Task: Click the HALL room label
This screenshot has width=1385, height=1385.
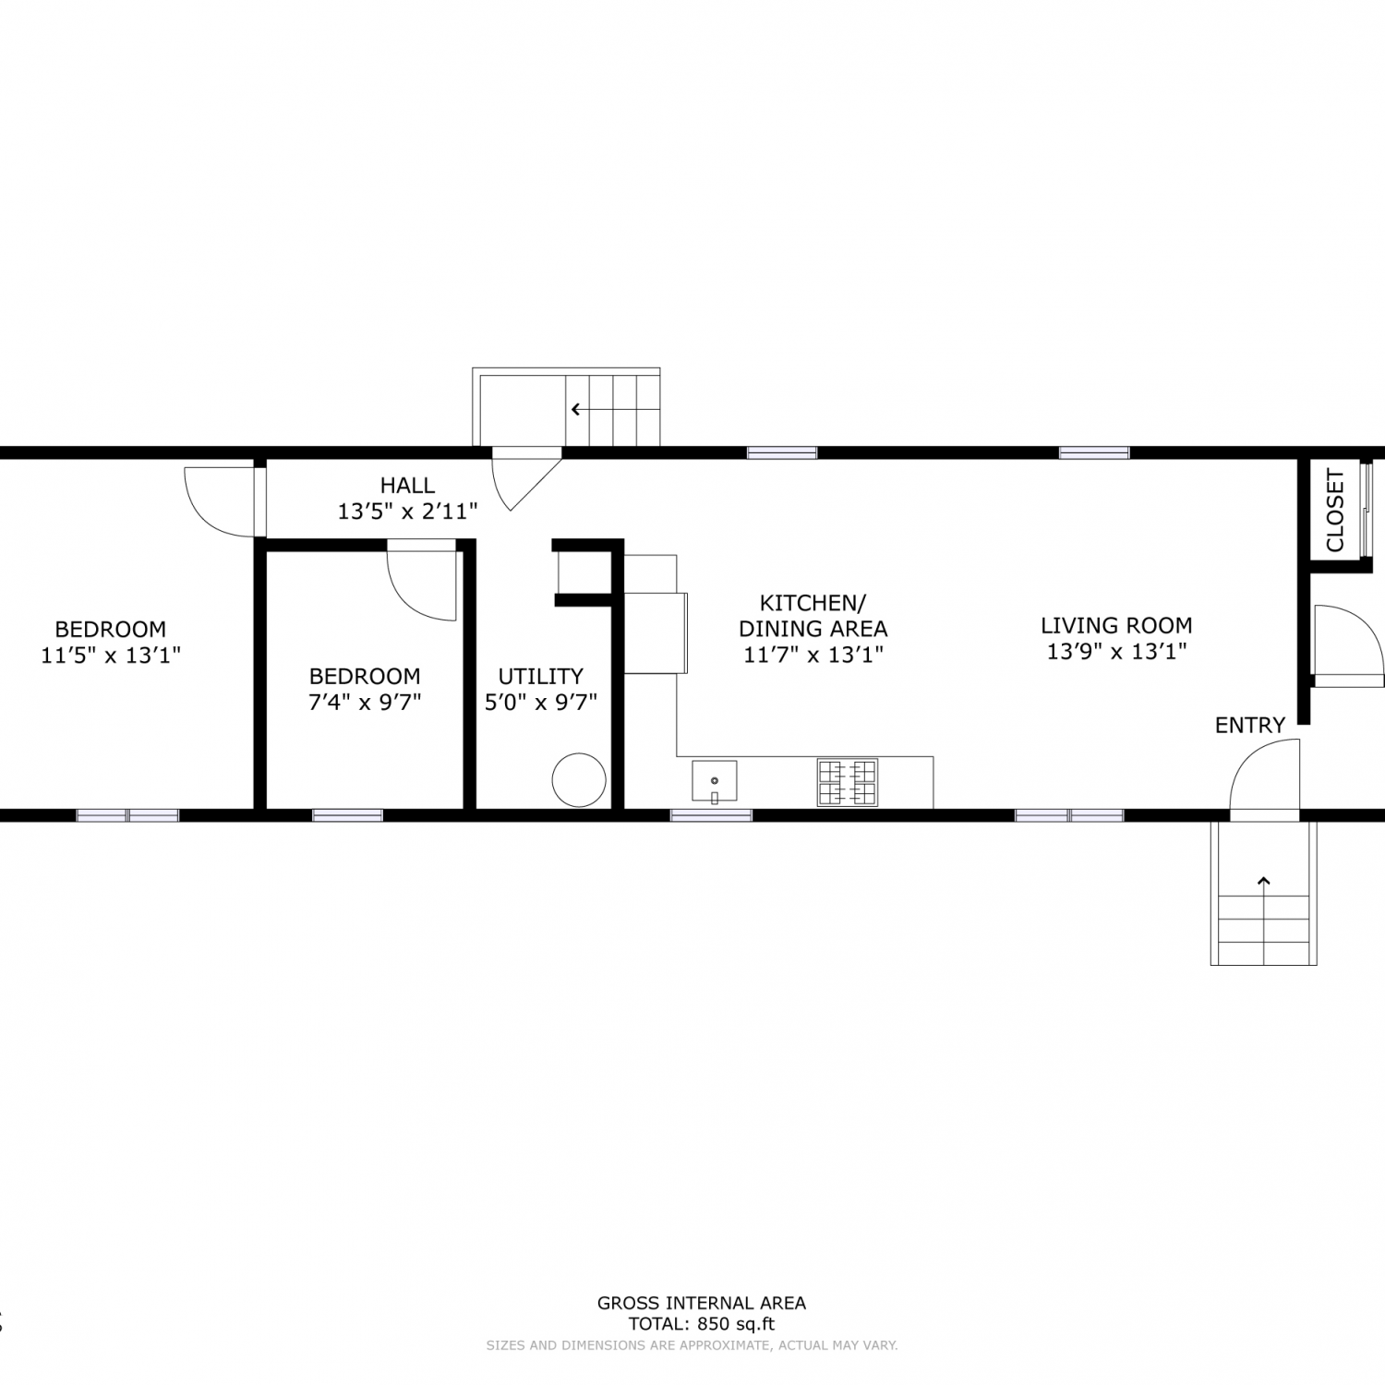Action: point(407,485)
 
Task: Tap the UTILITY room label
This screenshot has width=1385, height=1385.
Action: point(541,676)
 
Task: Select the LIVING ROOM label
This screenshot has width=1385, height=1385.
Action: point(1116,625)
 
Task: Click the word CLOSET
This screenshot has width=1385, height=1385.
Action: point(1335,511)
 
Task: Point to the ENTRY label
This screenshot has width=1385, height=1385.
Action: point(1250,726)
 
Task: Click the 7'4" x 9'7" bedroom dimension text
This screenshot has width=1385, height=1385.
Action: point(365,702)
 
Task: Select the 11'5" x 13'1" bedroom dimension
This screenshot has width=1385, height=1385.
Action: point(110,656)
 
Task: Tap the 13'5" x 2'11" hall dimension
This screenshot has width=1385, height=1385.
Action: point(407,511)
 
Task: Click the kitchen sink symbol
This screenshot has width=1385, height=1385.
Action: point(715,782)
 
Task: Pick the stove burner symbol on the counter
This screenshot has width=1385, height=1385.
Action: point(847,782)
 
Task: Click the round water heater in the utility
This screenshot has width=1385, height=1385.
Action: point(579,780)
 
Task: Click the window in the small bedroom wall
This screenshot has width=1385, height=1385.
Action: point(347,815)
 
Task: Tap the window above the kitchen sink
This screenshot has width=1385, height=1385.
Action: point(711,815)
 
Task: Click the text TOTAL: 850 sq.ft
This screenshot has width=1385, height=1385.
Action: point(702,1324)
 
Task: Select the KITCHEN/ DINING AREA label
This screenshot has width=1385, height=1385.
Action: point(813,616)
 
